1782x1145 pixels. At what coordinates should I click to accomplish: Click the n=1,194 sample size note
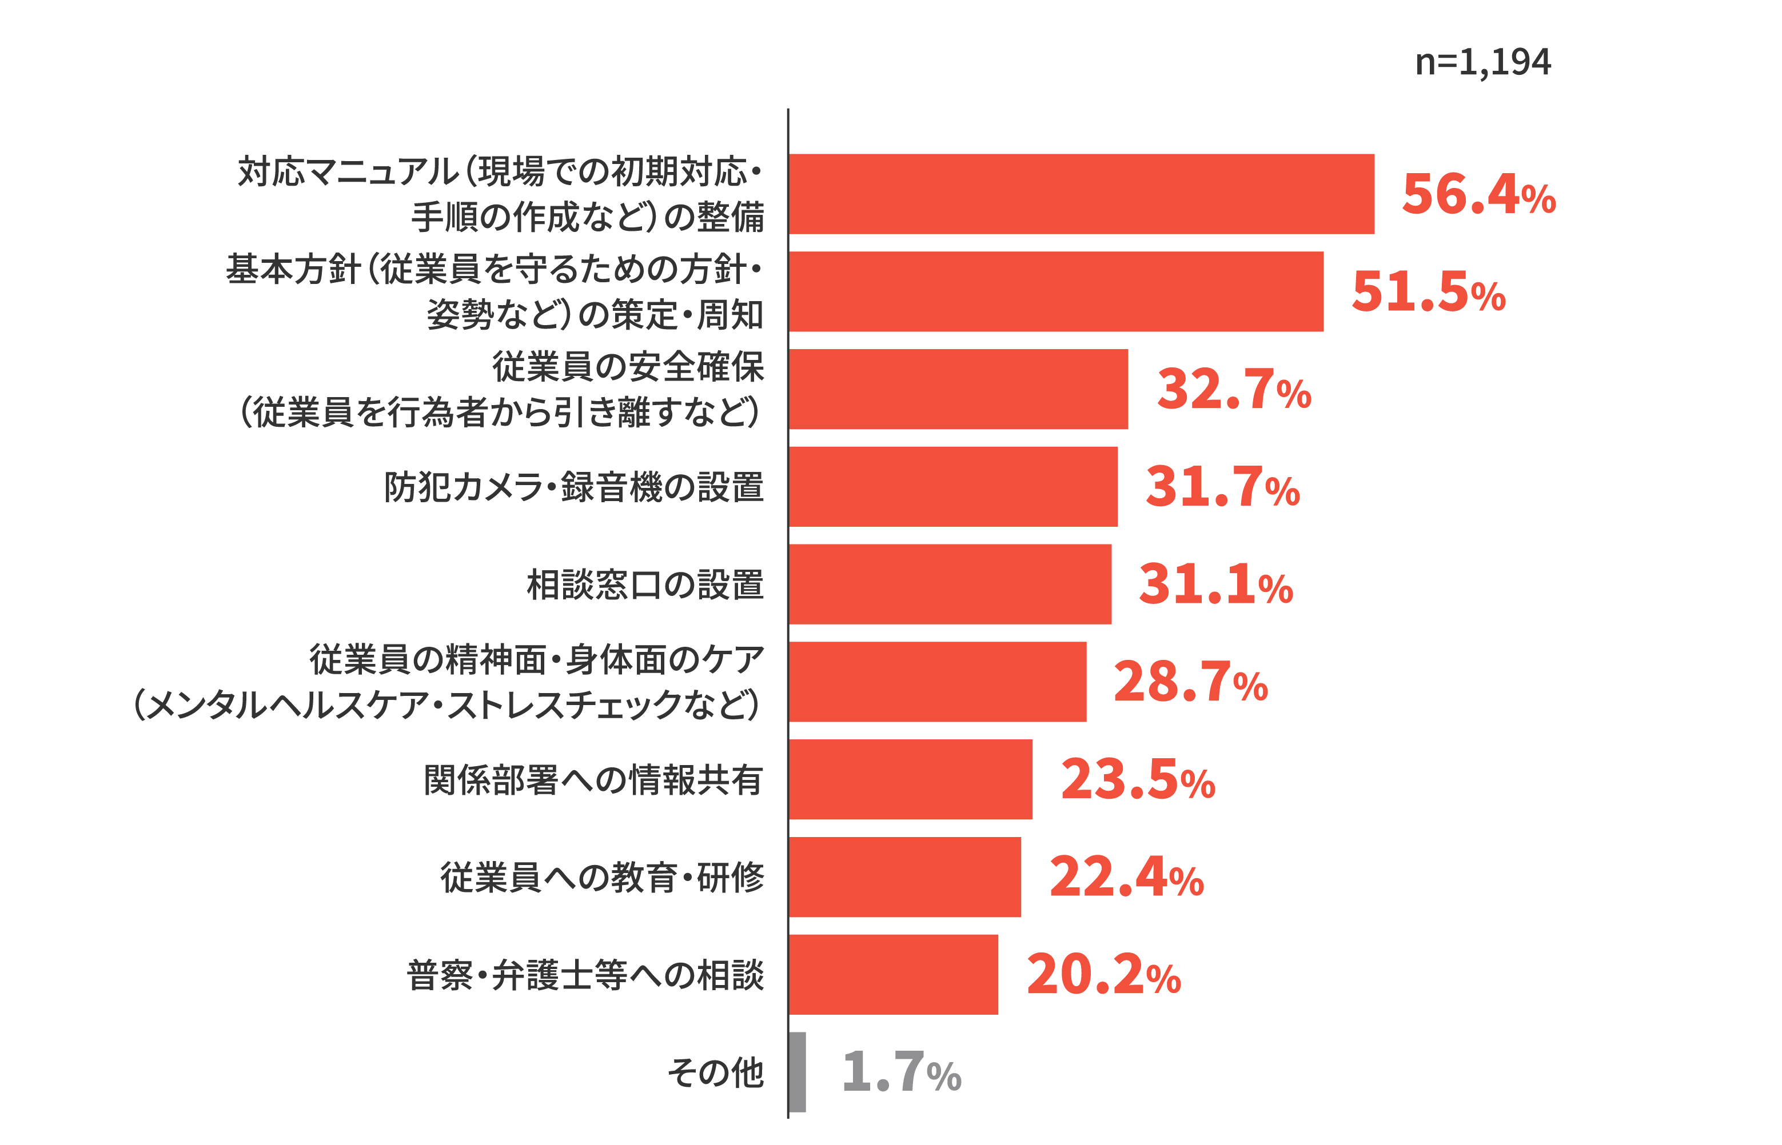1483,62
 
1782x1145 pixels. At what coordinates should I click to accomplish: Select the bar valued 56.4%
1082,194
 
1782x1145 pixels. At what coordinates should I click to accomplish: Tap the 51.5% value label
1428,291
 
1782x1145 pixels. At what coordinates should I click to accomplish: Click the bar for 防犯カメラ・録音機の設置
954,486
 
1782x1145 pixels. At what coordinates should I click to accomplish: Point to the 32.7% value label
1234,389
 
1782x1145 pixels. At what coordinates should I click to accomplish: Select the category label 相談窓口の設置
645,584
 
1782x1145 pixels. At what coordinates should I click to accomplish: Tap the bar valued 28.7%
937,682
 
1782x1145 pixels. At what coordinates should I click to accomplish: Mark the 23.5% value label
1138,779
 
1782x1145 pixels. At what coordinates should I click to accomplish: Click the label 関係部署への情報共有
593,780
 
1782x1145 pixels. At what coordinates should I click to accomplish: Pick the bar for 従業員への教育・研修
905,878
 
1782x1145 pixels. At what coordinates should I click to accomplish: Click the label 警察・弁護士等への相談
585,975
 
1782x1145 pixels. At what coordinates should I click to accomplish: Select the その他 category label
715,1073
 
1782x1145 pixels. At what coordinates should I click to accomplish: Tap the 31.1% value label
1216,584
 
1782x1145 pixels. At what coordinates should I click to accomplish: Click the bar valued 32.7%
959,389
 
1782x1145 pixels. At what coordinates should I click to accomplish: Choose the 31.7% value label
1223,486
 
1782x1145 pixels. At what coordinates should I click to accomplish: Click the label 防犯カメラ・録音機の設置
574,487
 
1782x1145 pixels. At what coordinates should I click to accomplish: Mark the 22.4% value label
1126,878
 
